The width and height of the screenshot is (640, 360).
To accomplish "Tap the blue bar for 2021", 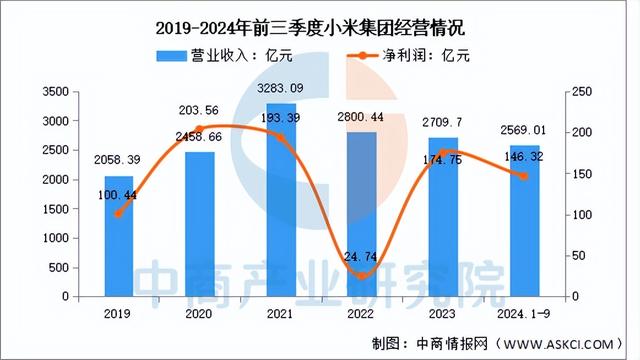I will tap(281, 200).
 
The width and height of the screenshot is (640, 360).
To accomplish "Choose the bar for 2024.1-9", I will tap(523, 221).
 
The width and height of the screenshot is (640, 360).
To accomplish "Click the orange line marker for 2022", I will tap(362, 276).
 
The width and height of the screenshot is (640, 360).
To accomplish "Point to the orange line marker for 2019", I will tap(119, 214).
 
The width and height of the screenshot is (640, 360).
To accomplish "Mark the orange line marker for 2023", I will tap(443, 153).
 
